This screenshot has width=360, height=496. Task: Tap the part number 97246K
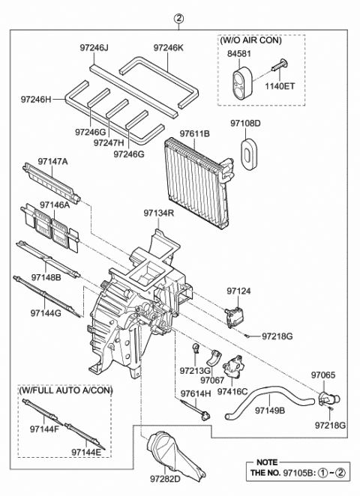[169, 47]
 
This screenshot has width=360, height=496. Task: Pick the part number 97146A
[55, 204]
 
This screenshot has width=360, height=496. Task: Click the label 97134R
[160, 214]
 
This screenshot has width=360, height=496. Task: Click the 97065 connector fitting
[327, 397]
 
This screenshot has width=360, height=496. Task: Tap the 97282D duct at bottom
[169, 454]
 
